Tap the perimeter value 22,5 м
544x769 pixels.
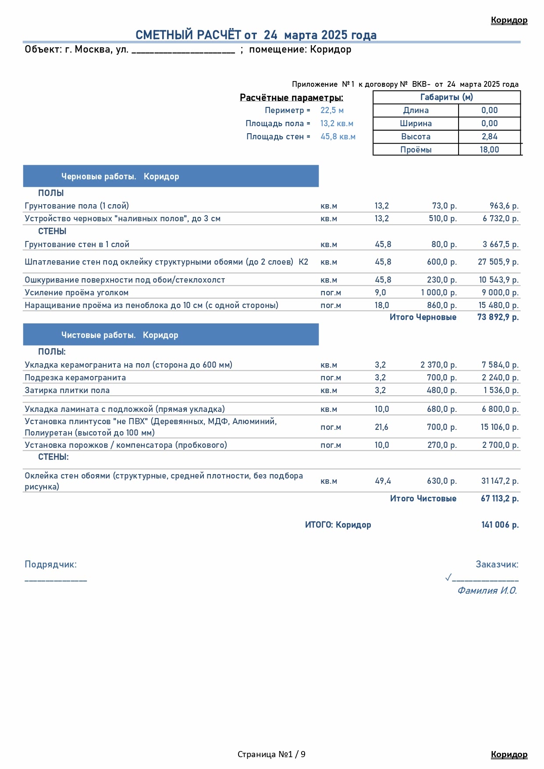coord(332,110)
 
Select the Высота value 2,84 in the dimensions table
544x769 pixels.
coord(489,137)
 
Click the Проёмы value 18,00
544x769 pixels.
coord(489,150)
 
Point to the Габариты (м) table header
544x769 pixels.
coord(446,97)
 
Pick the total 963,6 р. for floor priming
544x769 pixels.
coord(504,206)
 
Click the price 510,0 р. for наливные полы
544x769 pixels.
coord(442,219)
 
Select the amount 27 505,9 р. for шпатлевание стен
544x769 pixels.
coord(498,262)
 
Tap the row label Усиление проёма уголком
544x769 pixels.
coord(77,293)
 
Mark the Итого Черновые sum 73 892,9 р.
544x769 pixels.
coord(498,317)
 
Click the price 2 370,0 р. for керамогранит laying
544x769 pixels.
coord(438,365)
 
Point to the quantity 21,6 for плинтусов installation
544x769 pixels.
coord(381,427)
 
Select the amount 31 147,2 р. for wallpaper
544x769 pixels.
coord(500,481)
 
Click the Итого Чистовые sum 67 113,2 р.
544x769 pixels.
coord(499,499)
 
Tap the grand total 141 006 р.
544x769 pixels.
coord(500,525)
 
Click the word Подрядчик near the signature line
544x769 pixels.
coord(50,564)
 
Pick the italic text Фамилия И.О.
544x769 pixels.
coord(487,591)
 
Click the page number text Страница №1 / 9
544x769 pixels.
coord(271,754)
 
